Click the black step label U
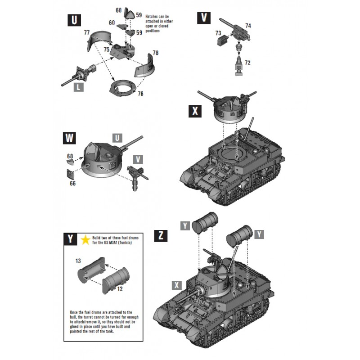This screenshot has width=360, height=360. (x=73, y=20)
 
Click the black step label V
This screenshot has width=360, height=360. (x=204, y=18)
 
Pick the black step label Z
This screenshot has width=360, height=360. (x=161, y=235)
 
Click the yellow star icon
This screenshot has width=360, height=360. (x=85, y=239)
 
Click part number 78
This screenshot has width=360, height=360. (x=156, y=53)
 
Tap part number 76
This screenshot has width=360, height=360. (x=140, y=94)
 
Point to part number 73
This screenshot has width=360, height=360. (x=218, y=33)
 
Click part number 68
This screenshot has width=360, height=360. (x=70, y=156)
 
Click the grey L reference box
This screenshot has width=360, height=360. (x=78, y=87)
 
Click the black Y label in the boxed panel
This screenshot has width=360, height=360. (x=71, y=239)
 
